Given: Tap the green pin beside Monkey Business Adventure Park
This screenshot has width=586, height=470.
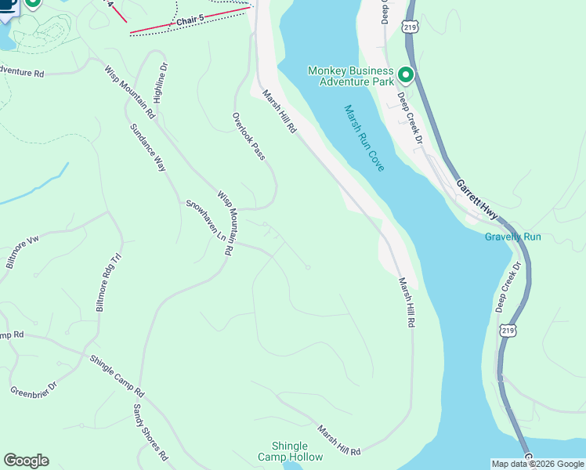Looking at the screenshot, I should click(406, 75).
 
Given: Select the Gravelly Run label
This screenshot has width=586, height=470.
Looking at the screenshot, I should click(513, 237).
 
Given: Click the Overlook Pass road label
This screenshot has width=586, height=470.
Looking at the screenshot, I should click(248, 136).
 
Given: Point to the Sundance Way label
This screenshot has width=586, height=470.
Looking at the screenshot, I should click(148, 147).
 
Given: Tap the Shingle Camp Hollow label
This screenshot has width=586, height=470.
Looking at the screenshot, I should click(290, 451).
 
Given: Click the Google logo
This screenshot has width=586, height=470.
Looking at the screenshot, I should click(26, 461).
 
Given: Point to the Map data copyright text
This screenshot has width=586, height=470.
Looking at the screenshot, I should click(537, 464).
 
